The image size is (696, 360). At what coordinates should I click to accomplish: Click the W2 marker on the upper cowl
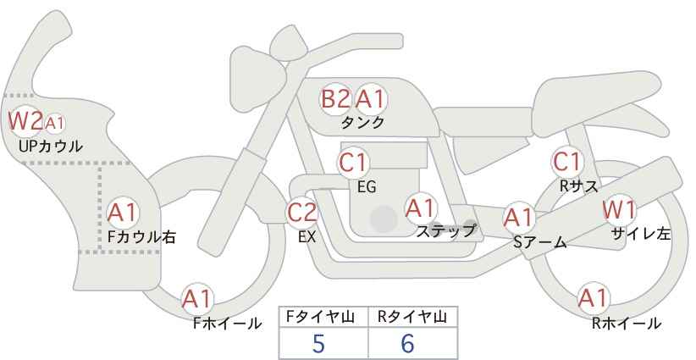[25, 121]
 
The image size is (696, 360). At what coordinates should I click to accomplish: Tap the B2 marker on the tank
[335, 98]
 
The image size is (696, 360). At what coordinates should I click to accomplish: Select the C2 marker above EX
[302, 212]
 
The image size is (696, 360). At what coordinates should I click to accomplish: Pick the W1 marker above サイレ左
[619, 210]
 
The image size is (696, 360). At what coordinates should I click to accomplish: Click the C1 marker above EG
[353, 163]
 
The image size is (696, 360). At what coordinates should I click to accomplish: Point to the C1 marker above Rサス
[567, 162]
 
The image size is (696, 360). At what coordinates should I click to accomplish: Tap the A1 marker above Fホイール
[197, 299]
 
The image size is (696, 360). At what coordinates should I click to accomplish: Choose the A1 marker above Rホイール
[593, 298]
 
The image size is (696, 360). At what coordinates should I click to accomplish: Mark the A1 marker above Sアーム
[518, 218]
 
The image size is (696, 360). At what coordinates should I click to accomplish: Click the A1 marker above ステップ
[420, 208]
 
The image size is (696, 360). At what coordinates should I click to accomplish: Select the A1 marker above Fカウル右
[123, 213]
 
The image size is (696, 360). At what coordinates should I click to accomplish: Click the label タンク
[362, 122]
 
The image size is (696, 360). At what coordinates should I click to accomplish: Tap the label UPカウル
[51, 146]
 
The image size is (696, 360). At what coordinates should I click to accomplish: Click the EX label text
[307, 237]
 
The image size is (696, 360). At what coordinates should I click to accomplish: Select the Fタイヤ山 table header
[320, 317]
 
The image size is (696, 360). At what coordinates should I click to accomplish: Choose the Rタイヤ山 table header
[412, 317]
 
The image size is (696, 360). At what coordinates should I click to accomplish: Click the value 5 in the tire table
[318, 343]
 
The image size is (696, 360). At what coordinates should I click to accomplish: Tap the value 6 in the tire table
[407, 343]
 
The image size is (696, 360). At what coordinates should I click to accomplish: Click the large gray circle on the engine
[384, 219]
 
